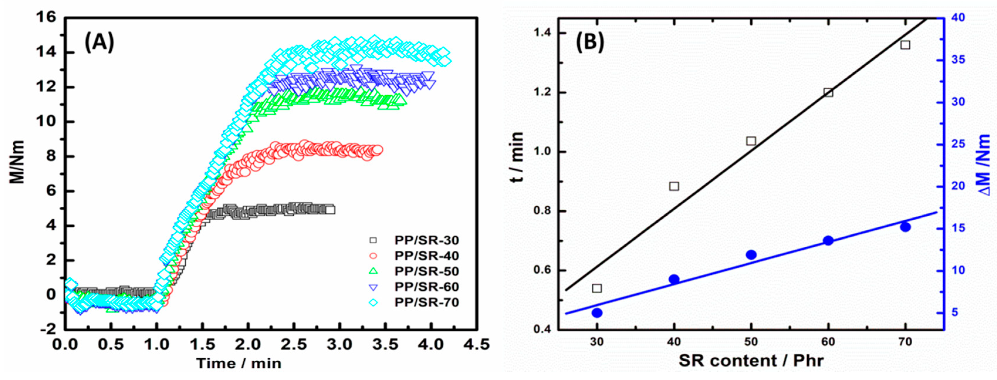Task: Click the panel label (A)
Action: (99, 42)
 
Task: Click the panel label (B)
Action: (590, 41)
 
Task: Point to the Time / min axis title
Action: (239, 363)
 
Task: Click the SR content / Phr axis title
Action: (751, 361)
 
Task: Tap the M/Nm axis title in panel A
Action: (17, 162)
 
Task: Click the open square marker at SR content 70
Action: (905, 45)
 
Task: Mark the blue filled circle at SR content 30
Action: (597, 313)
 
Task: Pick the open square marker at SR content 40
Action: (674, 186)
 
